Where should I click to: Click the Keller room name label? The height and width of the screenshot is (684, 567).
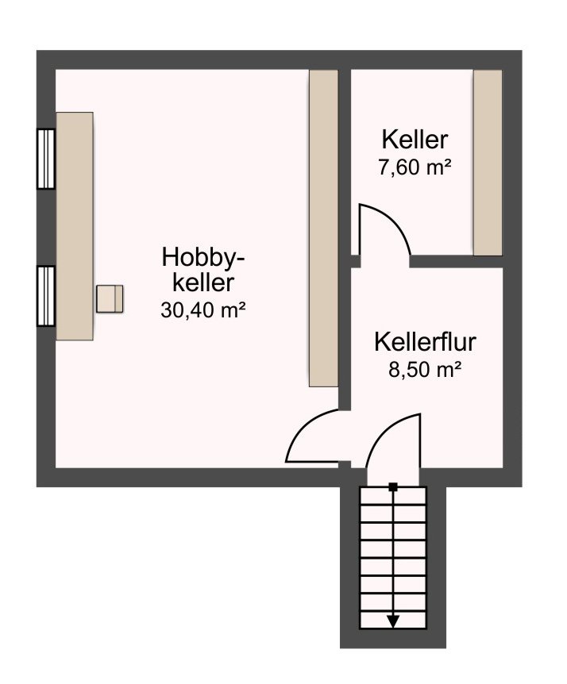pyautogui.click(x=415, y=140)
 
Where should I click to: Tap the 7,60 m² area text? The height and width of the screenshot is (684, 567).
pyautogui.click(x=415, y=167)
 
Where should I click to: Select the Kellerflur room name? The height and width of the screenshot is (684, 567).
pyautogui.click(x=425, y=342)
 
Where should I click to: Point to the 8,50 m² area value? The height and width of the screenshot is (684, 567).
pyautogui.click(x=425, y=370)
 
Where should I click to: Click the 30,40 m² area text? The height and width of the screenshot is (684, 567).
pyautogui.click(x=203, y=310)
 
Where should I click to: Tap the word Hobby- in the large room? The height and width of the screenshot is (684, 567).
pyautogui.click(x=203, y=258)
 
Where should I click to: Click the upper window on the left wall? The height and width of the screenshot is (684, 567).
pyautogui.click(x=46, y=159)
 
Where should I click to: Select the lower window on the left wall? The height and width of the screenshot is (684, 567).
pyautogui.click(x=46, y=296)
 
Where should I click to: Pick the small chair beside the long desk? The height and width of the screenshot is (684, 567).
pyautogui.click(x=110, y=299)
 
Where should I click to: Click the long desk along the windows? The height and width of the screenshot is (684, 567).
pyautogui.click(x=75, y=226)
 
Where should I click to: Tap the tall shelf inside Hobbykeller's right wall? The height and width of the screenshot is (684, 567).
pyautogui.click(x=323, y=229)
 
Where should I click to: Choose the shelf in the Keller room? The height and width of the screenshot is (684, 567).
pyautogui.click(x=488, y=163)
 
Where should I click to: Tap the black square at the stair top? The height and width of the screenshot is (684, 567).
pyautogui.click(x=393, y=487)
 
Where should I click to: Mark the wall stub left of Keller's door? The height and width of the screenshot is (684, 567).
pyautogui.click(x=356, y=261)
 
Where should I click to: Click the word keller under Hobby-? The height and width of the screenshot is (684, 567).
pyautogui.click(x=203, y=283)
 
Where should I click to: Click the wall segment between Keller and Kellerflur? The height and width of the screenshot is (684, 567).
pyautogui.click(x=457, y=261)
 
